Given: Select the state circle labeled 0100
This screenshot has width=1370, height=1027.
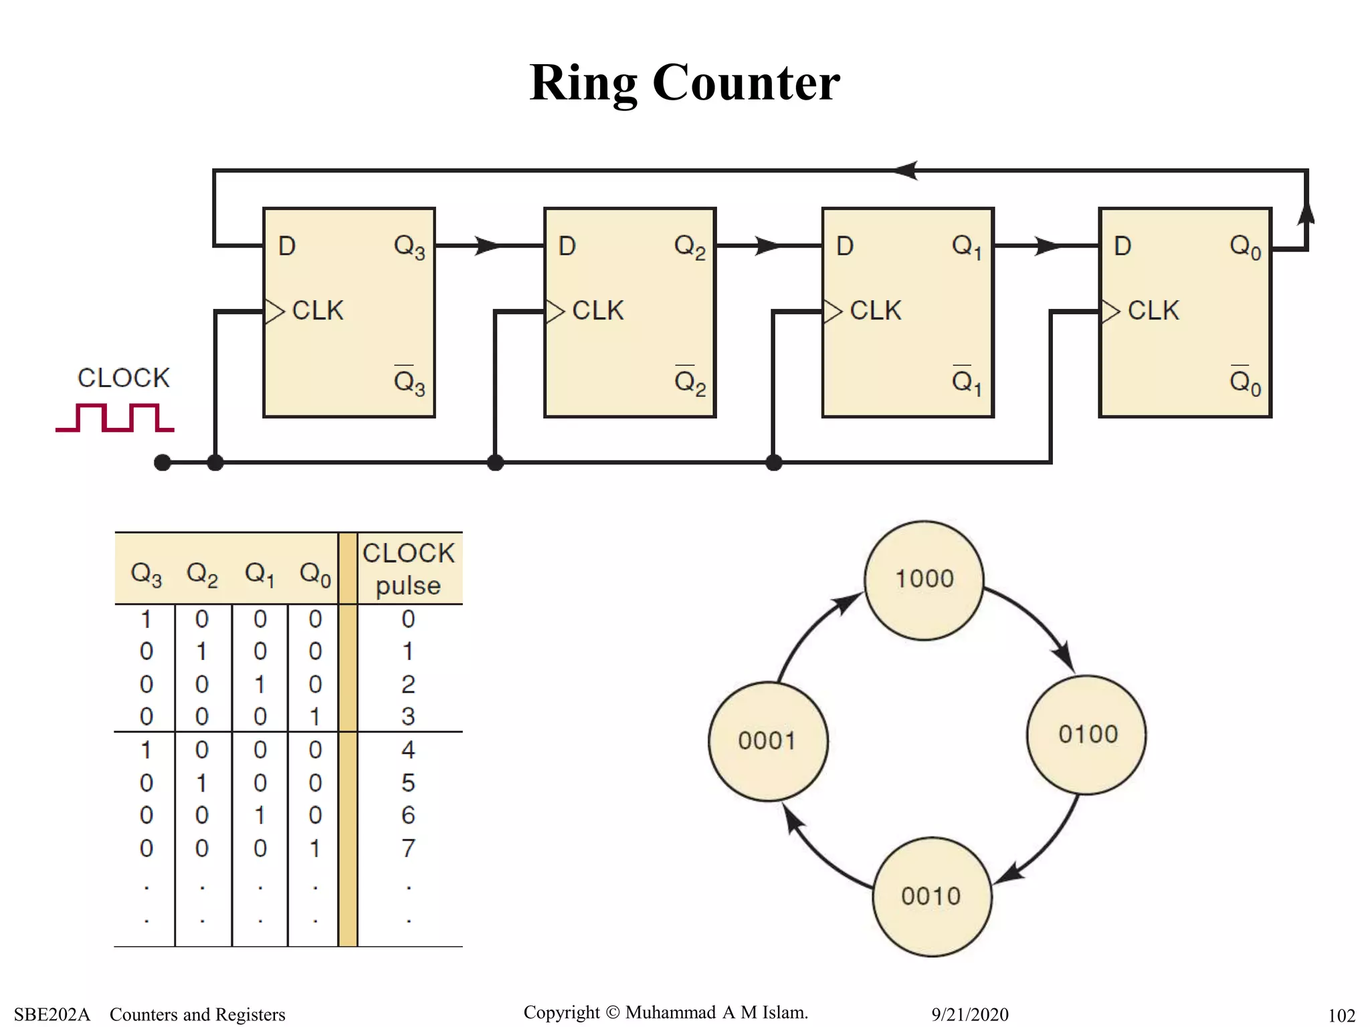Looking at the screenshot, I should point(1086,735).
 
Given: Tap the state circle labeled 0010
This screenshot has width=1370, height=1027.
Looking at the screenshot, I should point(932,897).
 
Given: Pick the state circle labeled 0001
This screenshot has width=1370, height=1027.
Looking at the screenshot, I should point(768,741).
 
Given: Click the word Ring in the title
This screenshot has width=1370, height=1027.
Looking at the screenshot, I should point(583,83).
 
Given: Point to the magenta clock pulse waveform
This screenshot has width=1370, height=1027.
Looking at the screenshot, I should point(115,418).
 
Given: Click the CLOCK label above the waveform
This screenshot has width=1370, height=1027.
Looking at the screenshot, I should point(124,378).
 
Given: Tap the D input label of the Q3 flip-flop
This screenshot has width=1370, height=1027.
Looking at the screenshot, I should point(287,247).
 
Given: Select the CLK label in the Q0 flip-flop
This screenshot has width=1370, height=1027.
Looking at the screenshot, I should point(1153,311).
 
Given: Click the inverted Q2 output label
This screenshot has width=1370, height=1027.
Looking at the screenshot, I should point(690,382).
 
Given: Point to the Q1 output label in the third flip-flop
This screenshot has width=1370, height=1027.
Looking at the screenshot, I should point(967,247).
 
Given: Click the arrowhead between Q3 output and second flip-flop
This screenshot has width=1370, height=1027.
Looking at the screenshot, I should point(487,246).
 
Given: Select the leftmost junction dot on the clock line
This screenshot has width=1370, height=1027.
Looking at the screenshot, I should point(163,462).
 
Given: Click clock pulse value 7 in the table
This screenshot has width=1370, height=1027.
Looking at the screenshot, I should point(408,848).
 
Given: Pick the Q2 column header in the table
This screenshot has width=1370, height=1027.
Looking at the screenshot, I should point(202,574).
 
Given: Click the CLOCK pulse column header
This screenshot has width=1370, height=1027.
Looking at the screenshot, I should point(409,569).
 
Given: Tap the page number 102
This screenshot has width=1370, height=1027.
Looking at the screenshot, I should point(1341,1016).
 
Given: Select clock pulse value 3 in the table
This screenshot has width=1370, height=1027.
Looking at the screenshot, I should point(408,717).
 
